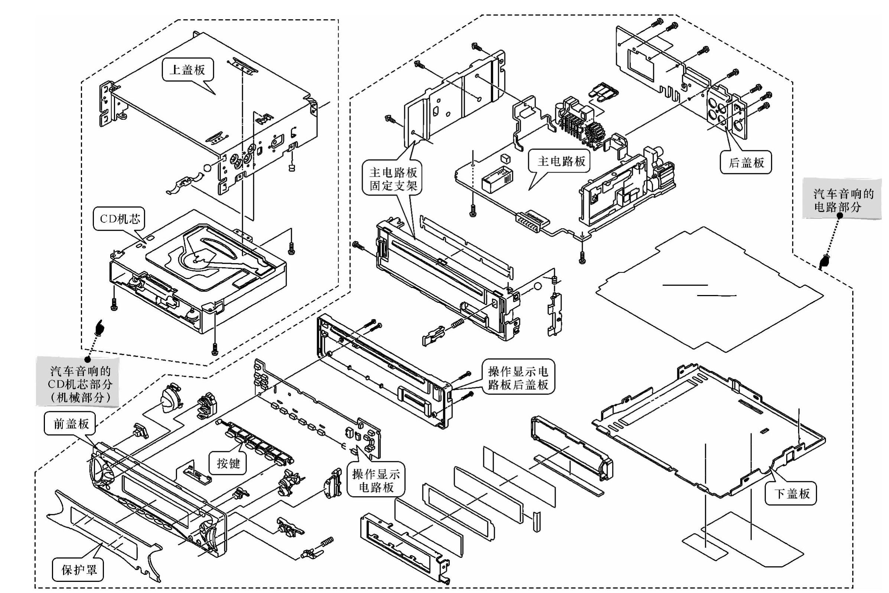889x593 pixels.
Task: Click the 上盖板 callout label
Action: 187,70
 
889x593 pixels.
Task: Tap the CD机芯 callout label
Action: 119,219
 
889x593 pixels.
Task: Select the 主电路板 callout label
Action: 561,161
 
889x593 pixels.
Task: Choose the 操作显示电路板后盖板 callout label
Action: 517,378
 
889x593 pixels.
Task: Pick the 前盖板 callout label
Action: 71,423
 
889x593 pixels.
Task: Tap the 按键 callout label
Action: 228,463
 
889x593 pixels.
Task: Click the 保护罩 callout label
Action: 79,570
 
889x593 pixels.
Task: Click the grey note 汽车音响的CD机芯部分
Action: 80,384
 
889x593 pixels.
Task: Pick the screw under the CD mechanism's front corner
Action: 215,349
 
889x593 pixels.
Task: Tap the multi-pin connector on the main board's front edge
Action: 532,223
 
